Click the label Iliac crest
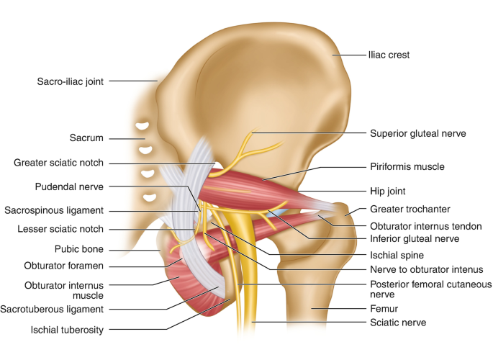[x=389, y=55]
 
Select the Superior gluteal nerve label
[x=418, y=133]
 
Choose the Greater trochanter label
[x=410, y=210]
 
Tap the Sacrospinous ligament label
[x=63, y=210]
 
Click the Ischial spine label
[x=396, y=254]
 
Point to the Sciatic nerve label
[x=398, y=323]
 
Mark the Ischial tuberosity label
[x=67, y=330]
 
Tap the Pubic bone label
[x=79, y=250]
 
